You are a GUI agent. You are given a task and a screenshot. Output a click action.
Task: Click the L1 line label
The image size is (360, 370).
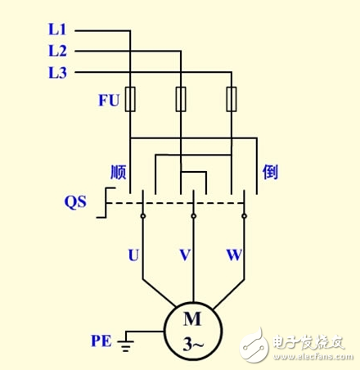tap(56, 29)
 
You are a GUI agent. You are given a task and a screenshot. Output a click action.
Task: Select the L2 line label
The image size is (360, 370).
tap(56, 51)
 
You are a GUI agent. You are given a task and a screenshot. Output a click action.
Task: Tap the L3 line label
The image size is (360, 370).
tap(56, 72)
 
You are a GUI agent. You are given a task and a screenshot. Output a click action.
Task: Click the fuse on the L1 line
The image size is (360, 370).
tap(131, 99)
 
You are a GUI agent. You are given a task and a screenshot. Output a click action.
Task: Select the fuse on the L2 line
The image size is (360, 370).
tap(181, 99)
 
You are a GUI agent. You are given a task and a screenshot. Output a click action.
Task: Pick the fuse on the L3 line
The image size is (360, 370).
tap(232, 99)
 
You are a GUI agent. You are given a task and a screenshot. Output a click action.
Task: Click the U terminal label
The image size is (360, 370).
tap(133, 255)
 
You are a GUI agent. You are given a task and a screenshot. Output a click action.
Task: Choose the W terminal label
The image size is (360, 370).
tap(235, 255)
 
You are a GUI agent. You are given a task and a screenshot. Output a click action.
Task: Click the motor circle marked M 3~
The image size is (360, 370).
tap(192, 329)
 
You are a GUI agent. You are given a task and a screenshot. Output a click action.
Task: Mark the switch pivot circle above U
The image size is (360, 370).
tap(142, 216)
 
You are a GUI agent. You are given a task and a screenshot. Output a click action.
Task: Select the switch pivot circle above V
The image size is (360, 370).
tap(193, 216)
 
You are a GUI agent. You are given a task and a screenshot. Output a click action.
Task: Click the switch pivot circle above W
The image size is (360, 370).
tap(244, 216)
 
